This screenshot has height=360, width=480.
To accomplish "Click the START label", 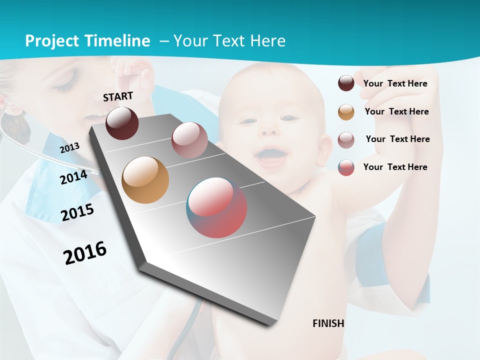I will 118,96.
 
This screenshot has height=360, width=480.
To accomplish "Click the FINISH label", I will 328,323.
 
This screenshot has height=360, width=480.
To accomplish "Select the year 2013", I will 69,148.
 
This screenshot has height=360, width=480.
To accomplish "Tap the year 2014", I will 73,177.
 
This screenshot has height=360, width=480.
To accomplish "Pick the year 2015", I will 77,212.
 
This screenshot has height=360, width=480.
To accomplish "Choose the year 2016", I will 85,253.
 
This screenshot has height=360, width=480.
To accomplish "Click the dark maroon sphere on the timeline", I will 122,123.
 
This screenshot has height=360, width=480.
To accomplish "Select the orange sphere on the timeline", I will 145,180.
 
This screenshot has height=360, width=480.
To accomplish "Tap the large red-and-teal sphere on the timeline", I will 216,207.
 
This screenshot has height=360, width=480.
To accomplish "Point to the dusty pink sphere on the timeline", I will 189,140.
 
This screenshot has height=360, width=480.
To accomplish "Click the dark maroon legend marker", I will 346,83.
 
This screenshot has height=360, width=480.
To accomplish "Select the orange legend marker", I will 346,112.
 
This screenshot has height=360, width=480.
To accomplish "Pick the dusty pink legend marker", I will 346,140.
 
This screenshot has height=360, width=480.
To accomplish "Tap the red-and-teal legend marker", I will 346,167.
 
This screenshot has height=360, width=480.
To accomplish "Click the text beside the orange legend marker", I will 396,111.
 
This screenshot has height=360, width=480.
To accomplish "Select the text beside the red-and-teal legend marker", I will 395,167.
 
